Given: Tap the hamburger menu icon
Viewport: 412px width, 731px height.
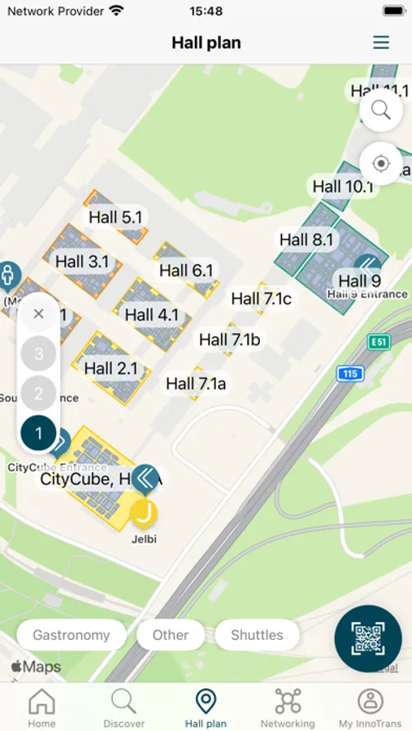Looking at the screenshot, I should tap(381, 43).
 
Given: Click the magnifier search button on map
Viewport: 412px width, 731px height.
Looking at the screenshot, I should tap(380, 110).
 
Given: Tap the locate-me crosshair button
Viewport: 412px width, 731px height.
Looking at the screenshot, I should tap(380, 163).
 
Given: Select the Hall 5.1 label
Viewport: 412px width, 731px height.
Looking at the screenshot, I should tap(115, 217).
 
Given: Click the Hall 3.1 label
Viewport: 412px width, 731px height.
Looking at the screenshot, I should tap(82, 262).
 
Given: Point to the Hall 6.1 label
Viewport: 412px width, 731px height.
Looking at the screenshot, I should tap(186, 270).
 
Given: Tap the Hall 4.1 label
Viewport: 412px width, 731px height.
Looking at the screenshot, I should tap(151, 314).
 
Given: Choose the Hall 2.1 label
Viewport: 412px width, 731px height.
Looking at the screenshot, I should tap(111, 368).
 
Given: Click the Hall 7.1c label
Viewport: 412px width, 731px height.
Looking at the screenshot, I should tap(261, 298).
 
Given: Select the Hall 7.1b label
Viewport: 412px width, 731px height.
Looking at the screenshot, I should tap(229, 340).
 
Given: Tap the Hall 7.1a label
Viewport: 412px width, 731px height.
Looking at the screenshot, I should tap(196, 383).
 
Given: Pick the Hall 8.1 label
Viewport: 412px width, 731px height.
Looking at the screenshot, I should tap(306, 240).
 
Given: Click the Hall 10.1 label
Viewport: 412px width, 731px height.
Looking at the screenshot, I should tap(342, 186).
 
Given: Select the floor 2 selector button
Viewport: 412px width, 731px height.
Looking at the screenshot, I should tap(38, 394).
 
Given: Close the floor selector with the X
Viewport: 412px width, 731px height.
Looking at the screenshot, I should tap(38, 314).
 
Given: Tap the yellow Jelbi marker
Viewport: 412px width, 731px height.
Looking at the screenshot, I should tap(144, 513).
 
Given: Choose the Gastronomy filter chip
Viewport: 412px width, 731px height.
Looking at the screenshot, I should tap(72, 635).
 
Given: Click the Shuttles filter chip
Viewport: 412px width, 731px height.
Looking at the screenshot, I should tap(257, 635).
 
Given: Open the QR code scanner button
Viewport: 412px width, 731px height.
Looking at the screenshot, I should tap(368, 638).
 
